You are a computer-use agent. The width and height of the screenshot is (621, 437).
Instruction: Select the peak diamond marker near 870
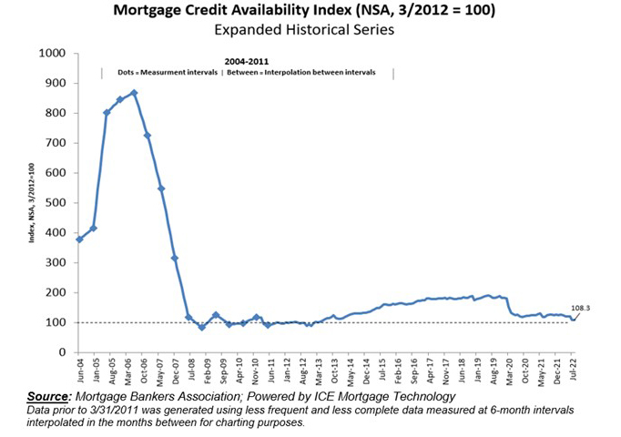coord(134,93)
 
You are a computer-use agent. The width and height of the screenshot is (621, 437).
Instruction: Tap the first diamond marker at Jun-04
coord(80,239)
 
